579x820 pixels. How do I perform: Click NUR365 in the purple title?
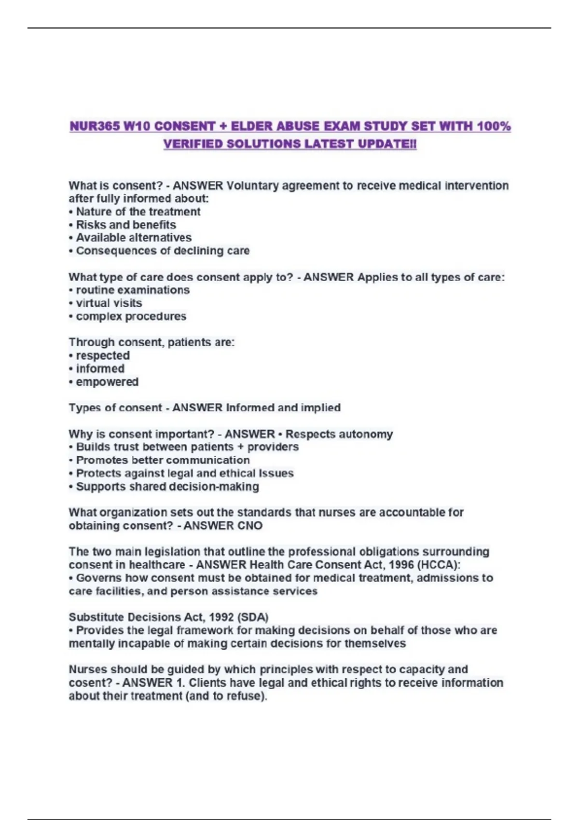tap(95, 126)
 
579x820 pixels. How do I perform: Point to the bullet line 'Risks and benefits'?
tap(125, 225)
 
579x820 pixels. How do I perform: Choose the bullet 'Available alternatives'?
tap(133, 238)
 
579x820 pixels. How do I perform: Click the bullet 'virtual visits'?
tap(109, 303)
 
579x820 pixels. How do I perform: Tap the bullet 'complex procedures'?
tap(131, 316)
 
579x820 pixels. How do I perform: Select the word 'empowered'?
tap(107, 382)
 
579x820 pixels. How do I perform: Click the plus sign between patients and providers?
tap(240, 447)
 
